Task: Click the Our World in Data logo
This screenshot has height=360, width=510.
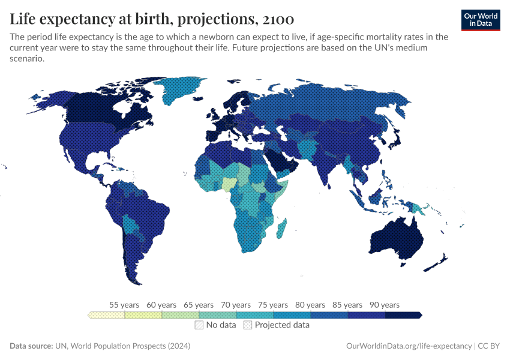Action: (x=480, y=20)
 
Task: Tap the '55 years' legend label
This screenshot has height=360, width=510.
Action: (x=124, y=305)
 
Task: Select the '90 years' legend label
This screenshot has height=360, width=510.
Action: (x=385, y=305)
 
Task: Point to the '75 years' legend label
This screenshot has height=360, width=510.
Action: (x=273, y=305)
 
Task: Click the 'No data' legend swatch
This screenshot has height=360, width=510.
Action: (x=199, y=325)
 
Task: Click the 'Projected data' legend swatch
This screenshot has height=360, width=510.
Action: (x=248, y=325)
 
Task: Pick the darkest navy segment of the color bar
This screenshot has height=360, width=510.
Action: (x=403, y=315)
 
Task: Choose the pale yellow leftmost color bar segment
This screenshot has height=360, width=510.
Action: (x=106, y=315)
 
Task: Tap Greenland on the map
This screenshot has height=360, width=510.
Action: (x=182, y=89)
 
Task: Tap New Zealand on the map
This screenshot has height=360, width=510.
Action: (x=438, y=261)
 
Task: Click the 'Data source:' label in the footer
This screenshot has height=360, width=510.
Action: (x=31, y=346)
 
